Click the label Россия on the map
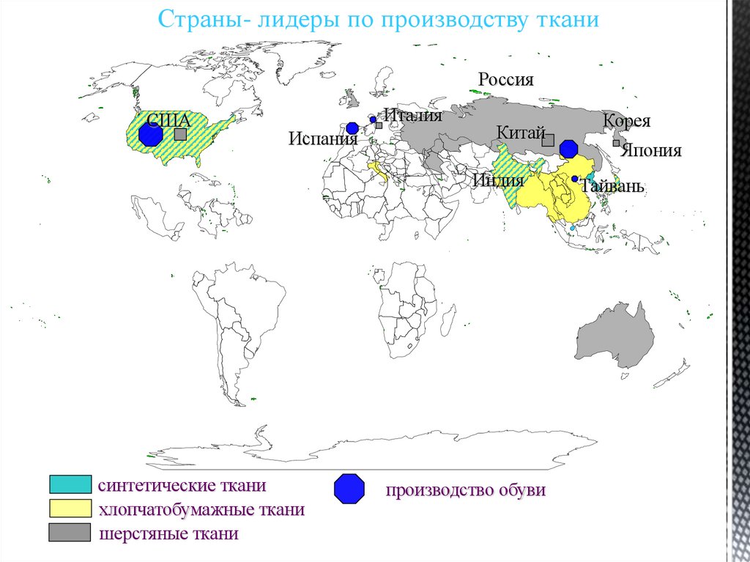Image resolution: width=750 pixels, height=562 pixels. coord(506,80)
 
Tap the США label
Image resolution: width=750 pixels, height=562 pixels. coord(168,121)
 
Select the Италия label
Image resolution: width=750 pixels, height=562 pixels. coord(413,116)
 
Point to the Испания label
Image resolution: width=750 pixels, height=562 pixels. coord(317,138)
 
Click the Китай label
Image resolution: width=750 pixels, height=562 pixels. coord(521,133)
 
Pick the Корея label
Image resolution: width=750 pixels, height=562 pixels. coord(627,122)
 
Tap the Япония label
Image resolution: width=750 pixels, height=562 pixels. coord(651,151)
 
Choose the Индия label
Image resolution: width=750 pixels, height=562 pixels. coord(498,180)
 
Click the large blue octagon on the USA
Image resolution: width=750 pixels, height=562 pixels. coord(150,134)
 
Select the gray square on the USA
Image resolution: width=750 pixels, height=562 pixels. coord(180,135)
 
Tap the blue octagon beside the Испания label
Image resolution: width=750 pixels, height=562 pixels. coord(352,128)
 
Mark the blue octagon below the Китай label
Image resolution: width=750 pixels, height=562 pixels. coord(568,149)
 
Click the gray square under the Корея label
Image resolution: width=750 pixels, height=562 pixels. coord(617,144)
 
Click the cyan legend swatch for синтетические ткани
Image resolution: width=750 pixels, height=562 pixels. coord(70,485)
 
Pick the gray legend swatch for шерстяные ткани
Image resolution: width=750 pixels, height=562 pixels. coord(70,533)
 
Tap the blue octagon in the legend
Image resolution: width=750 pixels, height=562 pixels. coord(349,489)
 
